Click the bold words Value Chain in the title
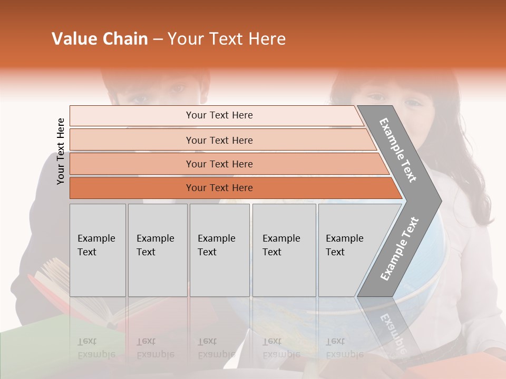(100, 39)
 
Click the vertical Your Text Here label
(61, 151)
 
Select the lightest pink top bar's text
(219, 115)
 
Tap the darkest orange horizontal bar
(219, 188)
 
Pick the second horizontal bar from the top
(219, 140)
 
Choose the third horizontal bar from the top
(219, 164)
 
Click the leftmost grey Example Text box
(98, 250)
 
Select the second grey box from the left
(157, 250)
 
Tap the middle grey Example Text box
(219, 250)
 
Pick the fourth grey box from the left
(284, 250)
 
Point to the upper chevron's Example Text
(398, 150)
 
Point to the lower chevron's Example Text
(400, 249)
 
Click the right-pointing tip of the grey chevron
(439, 201)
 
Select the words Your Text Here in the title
(227, 39)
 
